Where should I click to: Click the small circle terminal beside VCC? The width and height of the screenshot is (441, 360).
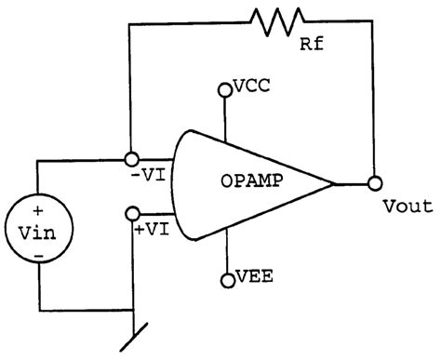(x=224, y=90)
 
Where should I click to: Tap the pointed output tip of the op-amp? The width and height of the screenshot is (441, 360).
(x=332, y=182)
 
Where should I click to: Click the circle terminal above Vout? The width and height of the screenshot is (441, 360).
(x=375, y=182)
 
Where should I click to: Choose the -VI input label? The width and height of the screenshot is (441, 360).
(x=149, y=175)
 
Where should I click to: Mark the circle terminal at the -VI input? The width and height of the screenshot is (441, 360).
(x=131, y=160)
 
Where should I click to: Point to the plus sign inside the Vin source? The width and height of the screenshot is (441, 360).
(x=38, y=211)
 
